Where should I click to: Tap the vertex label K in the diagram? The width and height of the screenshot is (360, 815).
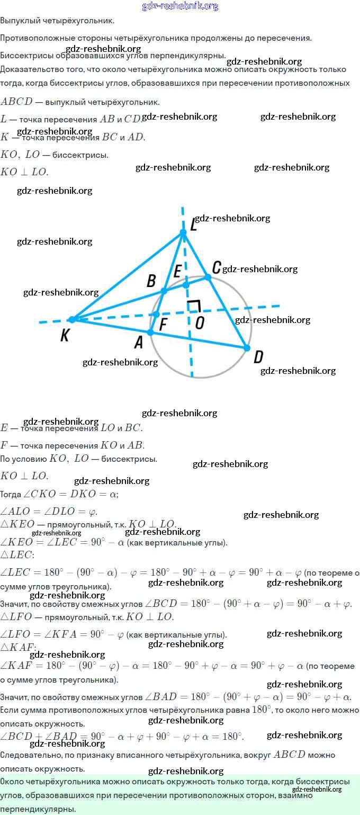click(x=65, y=336)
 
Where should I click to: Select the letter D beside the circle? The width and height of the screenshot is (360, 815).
click(x=258, y=357)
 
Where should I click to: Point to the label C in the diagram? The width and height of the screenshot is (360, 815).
click(x=216, y=266)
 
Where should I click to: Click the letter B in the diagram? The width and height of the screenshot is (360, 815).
click(x=151, y=281)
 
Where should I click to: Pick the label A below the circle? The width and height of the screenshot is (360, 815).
click(x=138, y=343)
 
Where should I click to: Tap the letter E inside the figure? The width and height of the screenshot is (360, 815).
click(x=177, y=272)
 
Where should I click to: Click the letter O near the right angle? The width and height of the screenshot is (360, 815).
click(x=199, y=323)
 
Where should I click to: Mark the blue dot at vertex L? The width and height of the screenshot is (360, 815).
click(x=183, y=232)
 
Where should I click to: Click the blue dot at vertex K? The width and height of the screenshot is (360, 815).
click(x=73, y=319)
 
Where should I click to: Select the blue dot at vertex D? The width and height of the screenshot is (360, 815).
click(x=247, y=348)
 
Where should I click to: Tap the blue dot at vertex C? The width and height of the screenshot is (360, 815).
click(x=208, y=277)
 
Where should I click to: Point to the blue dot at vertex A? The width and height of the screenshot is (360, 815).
click(x=150, y=332)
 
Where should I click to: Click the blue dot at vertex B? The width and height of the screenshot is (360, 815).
click(x=164, y=291)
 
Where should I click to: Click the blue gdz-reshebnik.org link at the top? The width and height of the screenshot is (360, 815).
click(x=180, y=6)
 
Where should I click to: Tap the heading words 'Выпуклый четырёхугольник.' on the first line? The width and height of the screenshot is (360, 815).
click(x=57, y=21)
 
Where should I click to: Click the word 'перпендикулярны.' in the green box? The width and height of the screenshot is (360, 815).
click(x=38, y=809)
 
